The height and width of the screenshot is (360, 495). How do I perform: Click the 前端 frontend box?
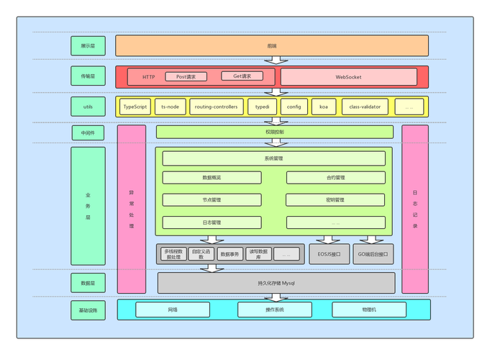click(272, 45)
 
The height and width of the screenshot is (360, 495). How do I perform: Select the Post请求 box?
click(186, 76)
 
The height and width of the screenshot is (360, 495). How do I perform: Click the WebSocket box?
click(348, 76)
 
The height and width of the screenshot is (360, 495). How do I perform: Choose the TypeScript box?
click(135, 107)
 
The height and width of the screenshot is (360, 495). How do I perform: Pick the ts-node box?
click(171, 107)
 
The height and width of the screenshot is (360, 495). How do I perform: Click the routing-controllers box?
click(216, 107)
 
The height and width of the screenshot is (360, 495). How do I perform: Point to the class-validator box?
click(365, 107)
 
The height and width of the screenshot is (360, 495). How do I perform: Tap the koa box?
click(323, 107)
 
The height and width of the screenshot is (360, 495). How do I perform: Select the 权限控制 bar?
click(274, 132)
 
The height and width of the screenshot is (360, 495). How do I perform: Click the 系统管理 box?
click(273, 158)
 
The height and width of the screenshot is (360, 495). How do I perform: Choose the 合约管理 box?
click(335, 177)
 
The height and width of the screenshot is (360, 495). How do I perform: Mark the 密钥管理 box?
click(335, 199)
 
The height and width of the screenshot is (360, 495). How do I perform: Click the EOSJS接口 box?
click(329, 253)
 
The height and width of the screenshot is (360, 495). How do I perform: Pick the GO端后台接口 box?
click(373, 253)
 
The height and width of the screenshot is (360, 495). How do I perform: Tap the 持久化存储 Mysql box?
click(276, 282)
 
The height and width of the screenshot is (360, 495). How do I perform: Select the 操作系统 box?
click(271, 310)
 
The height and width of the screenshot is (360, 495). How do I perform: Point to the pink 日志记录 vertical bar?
click(415, 209)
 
